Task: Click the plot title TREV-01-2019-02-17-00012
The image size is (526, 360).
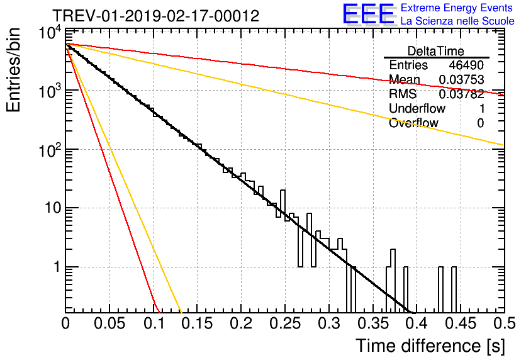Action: pyautogui.click(x=155, y=16)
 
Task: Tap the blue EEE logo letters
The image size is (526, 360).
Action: pyautogui.click(x=368, y=15)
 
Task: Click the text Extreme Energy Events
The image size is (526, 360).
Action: pyautogui.click(x=457, y=8)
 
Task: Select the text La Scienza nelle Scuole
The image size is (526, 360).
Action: pyautogui.click(x=457, y=21)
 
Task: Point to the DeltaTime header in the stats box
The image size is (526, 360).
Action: pyautogui.click(x=436, y=51)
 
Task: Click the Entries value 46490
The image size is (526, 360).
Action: pyautogui.click(x=466, y=65)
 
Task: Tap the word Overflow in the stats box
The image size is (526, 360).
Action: pyautogui.click(x=413, y=123)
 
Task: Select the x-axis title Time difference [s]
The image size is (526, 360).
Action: pyautogui.click(x=428, y=346)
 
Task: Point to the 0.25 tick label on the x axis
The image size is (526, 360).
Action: pyautogui.click(x=284, y=324)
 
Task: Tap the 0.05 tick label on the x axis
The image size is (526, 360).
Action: pyautogui.click(x=109, y=324)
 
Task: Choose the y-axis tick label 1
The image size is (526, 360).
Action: pyautogui.click(x=55, y=267)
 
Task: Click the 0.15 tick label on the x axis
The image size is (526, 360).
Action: pyautogui.click(x=196, y=324)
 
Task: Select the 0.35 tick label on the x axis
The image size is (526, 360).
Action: pyautogui.click(x=372, y=324)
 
